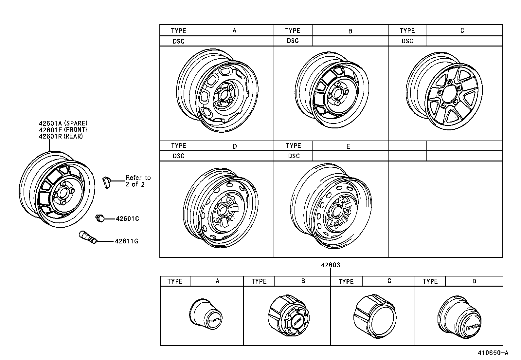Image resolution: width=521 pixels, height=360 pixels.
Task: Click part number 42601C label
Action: point(127,218)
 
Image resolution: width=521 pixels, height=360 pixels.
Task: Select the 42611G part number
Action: point(126,241)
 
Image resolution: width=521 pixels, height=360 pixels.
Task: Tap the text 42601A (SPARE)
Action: point(63,123)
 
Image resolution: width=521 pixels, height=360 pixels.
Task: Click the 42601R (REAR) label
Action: point(61,136)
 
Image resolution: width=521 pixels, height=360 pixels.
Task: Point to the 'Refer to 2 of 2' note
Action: point(138,181)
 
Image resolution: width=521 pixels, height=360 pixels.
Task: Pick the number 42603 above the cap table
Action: point(330,265)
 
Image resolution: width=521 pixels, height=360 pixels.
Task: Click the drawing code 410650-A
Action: point(493,353)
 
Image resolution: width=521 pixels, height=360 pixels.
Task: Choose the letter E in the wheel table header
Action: point(348,146)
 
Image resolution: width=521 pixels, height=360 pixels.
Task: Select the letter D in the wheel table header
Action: point(235,146)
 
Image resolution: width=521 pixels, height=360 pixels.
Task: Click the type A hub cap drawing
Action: point(206,313)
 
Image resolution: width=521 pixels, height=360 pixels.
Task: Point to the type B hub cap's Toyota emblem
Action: point(297,321)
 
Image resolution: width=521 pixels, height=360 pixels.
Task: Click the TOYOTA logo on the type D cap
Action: point(472,327)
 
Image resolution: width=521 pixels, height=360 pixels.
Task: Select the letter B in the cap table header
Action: point(303,281)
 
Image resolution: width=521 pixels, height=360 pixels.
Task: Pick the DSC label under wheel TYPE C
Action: point(407,41)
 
